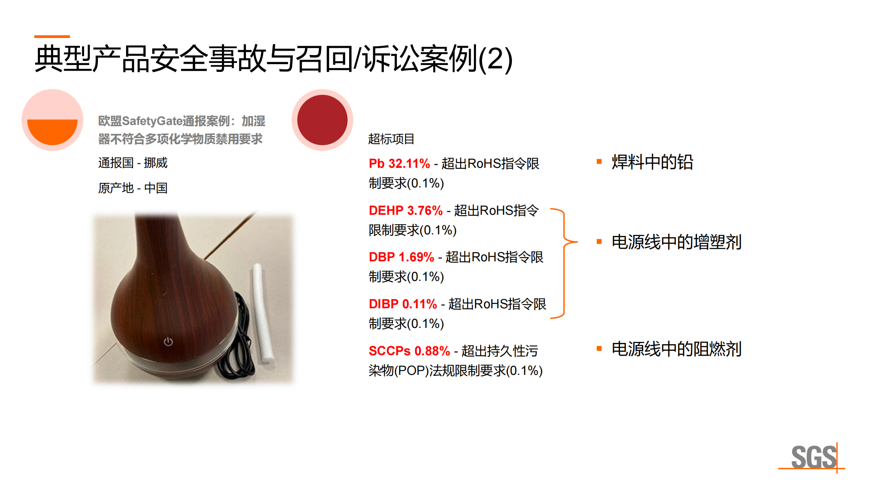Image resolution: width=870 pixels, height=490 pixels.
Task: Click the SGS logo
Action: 813,457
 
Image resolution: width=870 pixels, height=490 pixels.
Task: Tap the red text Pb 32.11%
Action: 399,164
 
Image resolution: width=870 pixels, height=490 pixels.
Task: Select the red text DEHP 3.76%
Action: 405,211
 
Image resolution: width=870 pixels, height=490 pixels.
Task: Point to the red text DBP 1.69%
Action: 401,257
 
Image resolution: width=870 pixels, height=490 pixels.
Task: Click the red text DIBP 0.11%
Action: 403,304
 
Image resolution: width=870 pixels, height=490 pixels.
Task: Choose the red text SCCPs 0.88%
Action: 409,351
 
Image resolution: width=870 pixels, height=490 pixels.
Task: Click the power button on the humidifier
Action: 168,341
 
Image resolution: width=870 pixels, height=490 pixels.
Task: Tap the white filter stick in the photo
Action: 263,312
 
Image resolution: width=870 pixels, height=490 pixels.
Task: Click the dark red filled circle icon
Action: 322,120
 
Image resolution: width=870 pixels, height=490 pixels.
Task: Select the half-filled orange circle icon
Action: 52,120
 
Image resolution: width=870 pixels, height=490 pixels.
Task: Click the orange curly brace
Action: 565,263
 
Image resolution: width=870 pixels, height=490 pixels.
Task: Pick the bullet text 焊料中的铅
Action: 652,162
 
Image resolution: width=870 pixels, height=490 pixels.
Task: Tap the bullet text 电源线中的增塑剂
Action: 676,242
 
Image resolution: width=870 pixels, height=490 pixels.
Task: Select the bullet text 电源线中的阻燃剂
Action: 676,349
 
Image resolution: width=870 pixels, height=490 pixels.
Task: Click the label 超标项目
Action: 391,139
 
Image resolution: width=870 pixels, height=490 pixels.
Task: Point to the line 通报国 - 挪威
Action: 133,163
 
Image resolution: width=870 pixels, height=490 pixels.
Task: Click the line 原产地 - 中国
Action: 133,188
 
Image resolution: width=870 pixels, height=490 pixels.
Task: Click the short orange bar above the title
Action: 52,36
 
